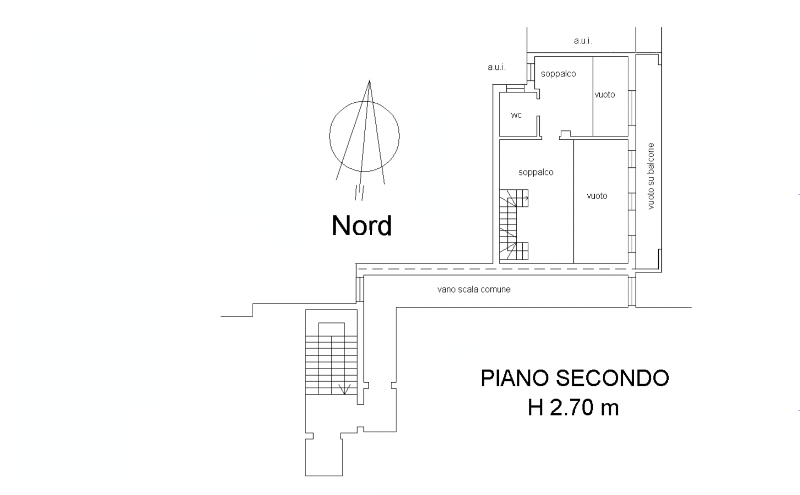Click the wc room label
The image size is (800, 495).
point(516,115)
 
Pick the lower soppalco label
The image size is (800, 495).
point(536,172)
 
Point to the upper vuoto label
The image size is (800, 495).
point(604,95)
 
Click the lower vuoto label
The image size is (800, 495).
point(597,196)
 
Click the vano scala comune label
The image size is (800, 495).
point(474,289)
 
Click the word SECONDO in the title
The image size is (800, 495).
point(613,378)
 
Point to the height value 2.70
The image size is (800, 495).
point(571,408)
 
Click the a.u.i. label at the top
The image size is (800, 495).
point(583,41)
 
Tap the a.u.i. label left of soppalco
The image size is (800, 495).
point(497,67)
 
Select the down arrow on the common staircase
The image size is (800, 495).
point(344,389)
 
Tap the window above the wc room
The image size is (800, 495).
point(515,88)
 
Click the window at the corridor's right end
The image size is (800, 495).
point(632,291)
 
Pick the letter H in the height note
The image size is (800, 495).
point(536,408)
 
